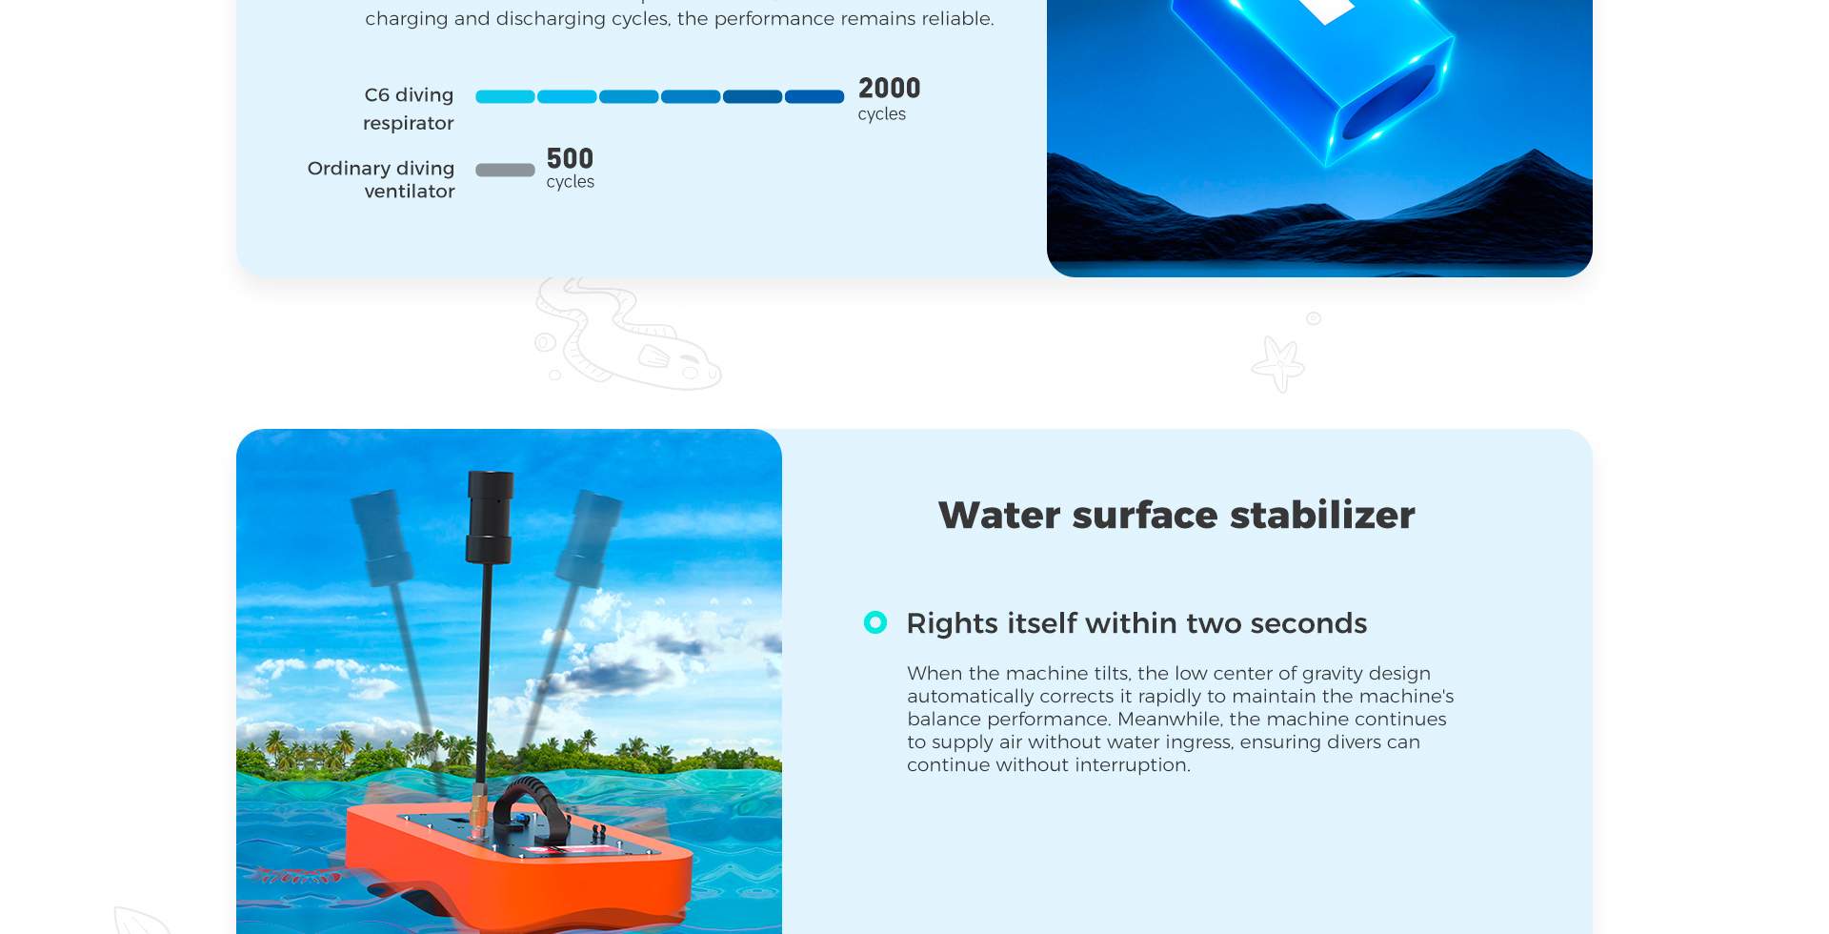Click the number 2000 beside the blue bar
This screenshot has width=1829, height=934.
[889, 89]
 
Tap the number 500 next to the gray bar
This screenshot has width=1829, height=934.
[570, 158]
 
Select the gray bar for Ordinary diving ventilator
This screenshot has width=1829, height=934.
[505, 170]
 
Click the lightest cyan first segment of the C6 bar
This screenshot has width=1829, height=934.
[505, 96]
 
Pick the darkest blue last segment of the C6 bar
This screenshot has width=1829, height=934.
[814, 96]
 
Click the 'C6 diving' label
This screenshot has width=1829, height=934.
[409, 95]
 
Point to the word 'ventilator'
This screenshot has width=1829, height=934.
[410, 192]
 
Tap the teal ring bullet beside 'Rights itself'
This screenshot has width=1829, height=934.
[875, 622]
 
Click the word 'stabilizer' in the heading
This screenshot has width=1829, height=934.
[1322, 515]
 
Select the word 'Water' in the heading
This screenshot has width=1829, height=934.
[999, 516]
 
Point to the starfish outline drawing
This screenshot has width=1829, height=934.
[1278, 363]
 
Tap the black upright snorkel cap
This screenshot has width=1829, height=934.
[490, 516]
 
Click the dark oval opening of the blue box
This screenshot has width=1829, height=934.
[1389, 103]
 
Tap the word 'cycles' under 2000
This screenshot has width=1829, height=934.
[882, 114]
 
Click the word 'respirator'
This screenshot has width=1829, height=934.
[409, 123]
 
